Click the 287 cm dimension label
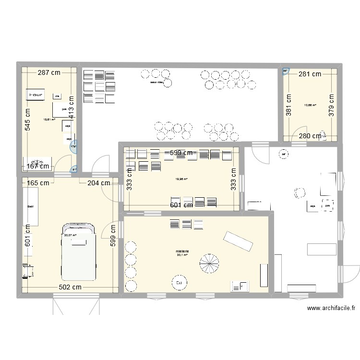pos(49,73)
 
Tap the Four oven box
pos(36,96)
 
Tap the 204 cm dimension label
pos(98,182)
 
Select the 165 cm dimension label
pos(37,182)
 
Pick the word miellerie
pos(182,251)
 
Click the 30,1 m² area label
pos(182,255)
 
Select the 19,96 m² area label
pos(181,179)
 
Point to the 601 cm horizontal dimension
pos(182,205)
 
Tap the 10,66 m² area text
pos(310,105)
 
